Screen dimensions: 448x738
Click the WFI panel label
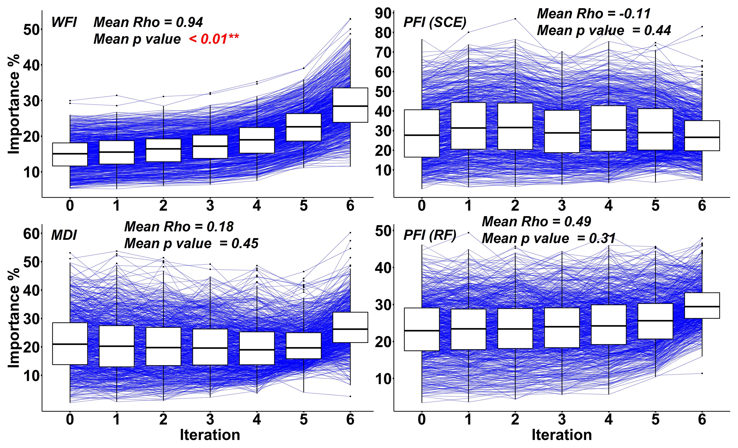(x=64, y=22)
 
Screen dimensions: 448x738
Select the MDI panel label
(x=64, y=235)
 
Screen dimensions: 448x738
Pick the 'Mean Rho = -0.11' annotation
(x=594, y=14)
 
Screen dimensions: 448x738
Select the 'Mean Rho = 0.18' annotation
(x=179, y=227)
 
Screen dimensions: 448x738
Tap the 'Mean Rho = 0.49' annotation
(x=536, y=222)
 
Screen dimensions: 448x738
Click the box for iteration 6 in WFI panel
(x=350, y=105)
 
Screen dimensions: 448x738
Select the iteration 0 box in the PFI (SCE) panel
(x=422, y=133)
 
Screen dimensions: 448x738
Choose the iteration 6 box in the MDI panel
(x=350, y=327)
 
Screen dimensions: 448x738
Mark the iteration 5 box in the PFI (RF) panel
(x=655, y=321)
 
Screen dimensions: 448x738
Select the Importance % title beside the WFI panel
(x=14, y=104)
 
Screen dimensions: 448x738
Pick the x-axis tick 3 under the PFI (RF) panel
(x=562, y=419)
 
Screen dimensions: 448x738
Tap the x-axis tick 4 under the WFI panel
(x=257, y=206)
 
